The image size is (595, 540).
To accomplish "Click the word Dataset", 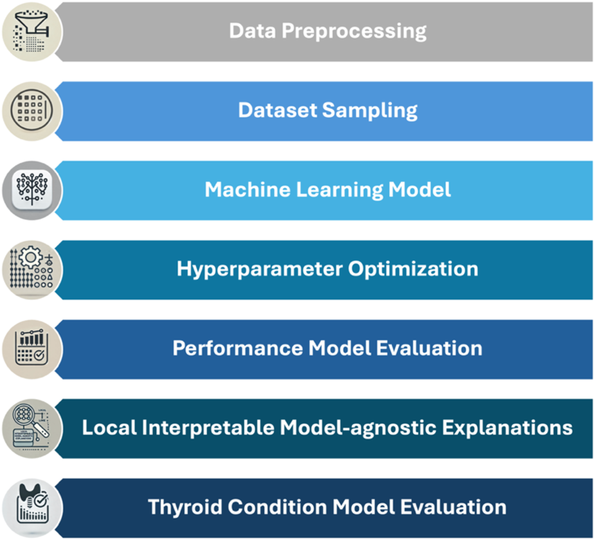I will coord(277,110).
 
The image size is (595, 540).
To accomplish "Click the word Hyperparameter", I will coord(260,268).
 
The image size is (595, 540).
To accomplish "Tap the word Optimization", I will coord(414,268).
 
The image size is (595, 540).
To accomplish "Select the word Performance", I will coord(237,348).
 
